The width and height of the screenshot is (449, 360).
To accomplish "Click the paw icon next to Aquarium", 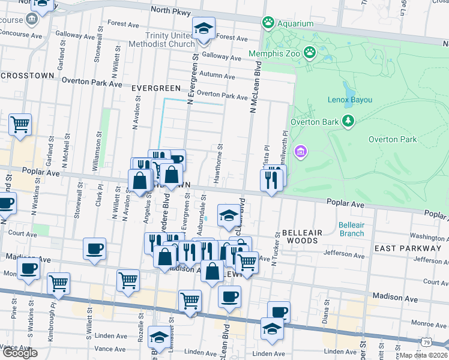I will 268,23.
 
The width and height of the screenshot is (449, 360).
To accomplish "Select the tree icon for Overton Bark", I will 348,121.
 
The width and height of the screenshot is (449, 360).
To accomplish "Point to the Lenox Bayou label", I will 351,100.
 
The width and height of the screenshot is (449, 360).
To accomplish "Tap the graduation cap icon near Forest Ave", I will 203,28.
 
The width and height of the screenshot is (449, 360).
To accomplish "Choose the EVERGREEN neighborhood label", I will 155,88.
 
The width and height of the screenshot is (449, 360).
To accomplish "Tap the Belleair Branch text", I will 351,229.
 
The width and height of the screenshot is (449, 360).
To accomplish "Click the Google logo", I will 20,353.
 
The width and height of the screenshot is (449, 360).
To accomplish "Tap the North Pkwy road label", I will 170,10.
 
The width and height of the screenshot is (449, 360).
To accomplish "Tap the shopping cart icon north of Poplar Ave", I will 20,125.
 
